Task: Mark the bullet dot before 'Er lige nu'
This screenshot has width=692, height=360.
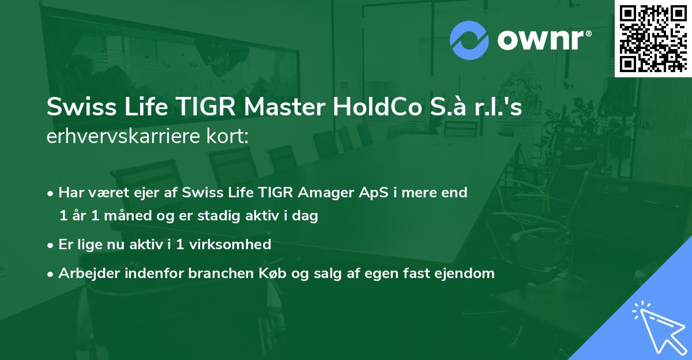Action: (x=51, y=245)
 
